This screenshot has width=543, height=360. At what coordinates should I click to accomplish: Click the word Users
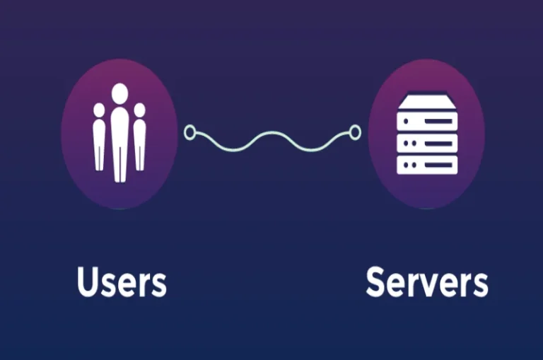[x=121, y=281]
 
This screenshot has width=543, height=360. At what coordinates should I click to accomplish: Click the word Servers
[x=426, y=281]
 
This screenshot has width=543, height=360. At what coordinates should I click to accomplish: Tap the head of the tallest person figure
[x=119, y=92]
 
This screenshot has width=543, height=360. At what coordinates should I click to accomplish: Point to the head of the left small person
[x=99, y=110]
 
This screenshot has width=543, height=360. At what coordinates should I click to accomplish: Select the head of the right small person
[x=139, y=110]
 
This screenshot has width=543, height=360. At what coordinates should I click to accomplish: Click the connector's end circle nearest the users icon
[x=189, y=132]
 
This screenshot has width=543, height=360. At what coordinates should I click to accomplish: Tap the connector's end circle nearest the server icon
[x=355, y=132]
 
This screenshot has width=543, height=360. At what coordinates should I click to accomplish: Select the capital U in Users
[x=87, y=281]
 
